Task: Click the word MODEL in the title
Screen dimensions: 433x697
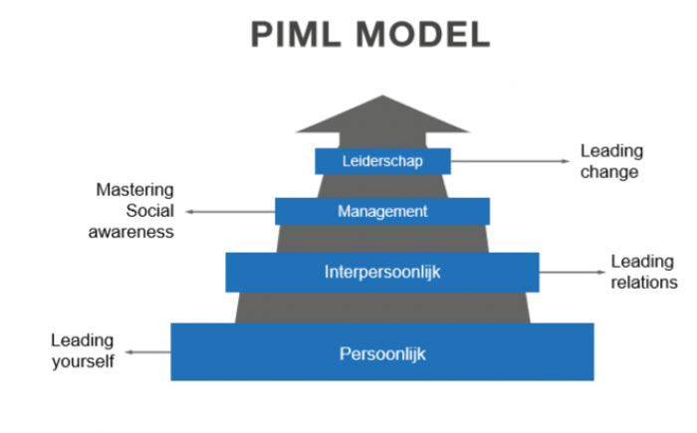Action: [423, 36]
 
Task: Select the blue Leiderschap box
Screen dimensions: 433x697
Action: [382, 161]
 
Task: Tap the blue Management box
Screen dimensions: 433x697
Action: [382, 211]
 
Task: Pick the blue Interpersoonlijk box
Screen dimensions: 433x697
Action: [382, 272]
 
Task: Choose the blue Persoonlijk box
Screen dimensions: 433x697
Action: [382, 352]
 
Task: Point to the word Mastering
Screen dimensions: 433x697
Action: [134, 189]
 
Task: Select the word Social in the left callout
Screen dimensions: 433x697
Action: [150, 210]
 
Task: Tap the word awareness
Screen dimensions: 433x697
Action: [134, 231]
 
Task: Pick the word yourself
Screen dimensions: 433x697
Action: [84, 360]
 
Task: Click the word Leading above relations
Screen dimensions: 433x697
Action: [641, 262]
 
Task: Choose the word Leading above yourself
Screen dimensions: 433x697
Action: [83, 340]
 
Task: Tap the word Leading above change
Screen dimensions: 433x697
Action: [611, 151]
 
